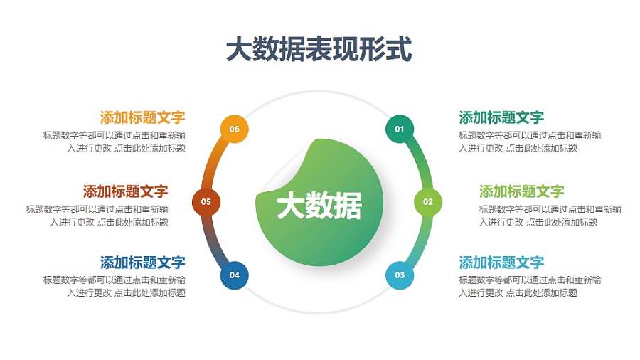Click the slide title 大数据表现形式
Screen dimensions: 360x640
pos(319,50)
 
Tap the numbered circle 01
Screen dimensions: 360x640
pos(400,129)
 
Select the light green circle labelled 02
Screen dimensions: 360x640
pos(428,201)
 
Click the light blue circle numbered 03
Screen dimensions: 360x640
pos(400,275)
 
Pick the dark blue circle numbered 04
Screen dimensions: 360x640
pos(234,275)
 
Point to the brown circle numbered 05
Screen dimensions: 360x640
pos(206,201)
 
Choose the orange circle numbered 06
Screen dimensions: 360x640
pos(234,129)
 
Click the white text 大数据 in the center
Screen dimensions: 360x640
pos(319,206)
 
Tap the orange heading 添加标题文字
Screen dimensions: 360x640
pos(143,117)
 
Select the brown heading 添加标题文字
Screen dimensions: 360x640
pos(126,191)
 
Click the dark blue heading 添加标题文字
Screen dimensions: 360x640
pos(143,263)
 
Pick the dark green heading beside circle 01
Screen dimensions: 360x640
pos(501,117)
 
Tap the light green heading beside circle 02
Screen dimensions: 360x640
pos(521,191)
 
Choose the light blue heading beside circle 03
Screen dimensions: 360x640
pos(501,263)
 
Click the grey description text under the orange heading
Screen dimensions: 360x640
pos(115,142)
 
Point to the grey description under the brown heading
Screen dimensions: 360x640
pos(98,216)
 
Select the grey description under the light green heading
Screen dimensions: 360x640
pos(549,216)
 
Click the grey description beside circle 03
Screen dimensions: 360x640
pos(529,286)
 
